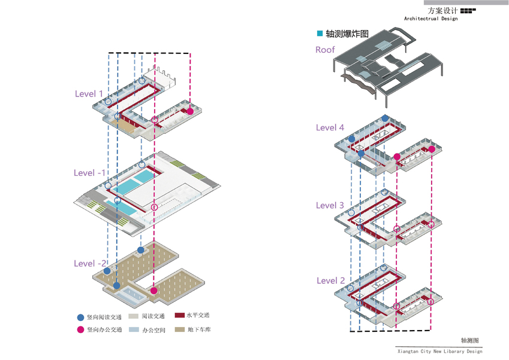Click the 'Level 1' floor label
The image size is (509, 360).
(89, 94)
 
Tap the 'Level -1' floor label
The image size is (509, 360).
(90, 173)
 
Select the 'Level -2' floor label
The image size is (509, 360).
(90, 263)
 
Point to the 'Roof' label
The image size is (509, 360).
(325, 50)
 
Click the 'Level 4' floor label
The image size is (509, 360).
(330, 127)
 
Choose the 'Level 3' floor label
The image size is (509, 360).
(330, 205)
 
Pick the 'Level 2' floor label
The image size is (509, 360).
(330, 280)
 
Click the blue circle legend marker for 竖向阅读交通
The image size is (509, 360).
(80, 317)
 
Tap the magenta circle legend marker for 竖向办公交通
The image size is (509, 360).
(80, 330)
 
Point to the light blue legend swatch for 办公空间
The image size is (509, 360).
(133, 330)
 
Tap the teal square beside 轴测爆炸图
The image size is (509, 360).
(320, 33)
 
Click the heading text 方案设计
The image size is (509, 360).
(442, 10)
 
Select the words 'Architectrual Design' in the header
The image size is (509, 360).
(430, 19)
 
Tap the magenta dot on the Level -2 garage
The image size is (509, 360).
(154, 290)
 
